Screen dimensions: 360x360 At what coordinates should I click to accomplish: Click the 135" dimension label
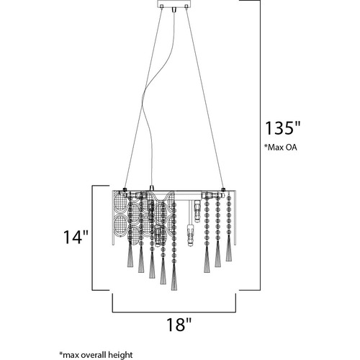282,128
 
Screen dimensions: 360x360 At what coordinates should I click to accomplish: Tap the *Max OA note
281,147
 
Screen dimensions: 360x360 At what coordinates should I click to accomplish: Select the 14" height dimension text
76,237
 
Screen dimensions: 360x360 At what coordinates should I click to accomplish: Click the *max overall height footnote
96,354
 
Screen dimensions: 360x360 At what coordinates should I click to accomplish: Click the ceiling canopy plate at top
174,4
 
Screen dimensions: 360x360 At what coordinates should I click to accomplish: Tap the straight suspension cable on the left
143,99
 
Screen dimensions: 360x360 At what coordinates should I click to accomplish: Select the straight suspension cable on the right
204,99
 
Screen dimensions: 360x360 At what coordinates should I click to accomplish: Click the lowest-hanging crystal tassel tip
174,290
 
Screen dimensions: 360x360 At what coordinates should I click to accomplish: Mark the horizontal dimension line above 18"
174,312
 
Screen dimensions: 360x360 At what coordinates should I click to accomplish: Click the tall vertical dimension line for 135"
260,145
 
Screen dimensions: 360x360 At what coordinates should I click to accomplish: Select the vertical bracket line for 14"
92,238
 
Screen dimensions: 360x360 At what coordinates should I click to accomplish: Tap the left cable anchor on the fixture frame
125,189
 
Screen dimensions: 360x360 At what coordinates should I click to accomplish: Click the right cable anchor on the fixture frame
223,189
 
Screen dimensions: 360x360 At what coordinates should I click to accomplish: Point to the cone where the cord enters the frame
151,188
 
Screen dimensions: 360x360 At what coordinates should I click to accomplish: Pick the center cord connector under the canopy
174,10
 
